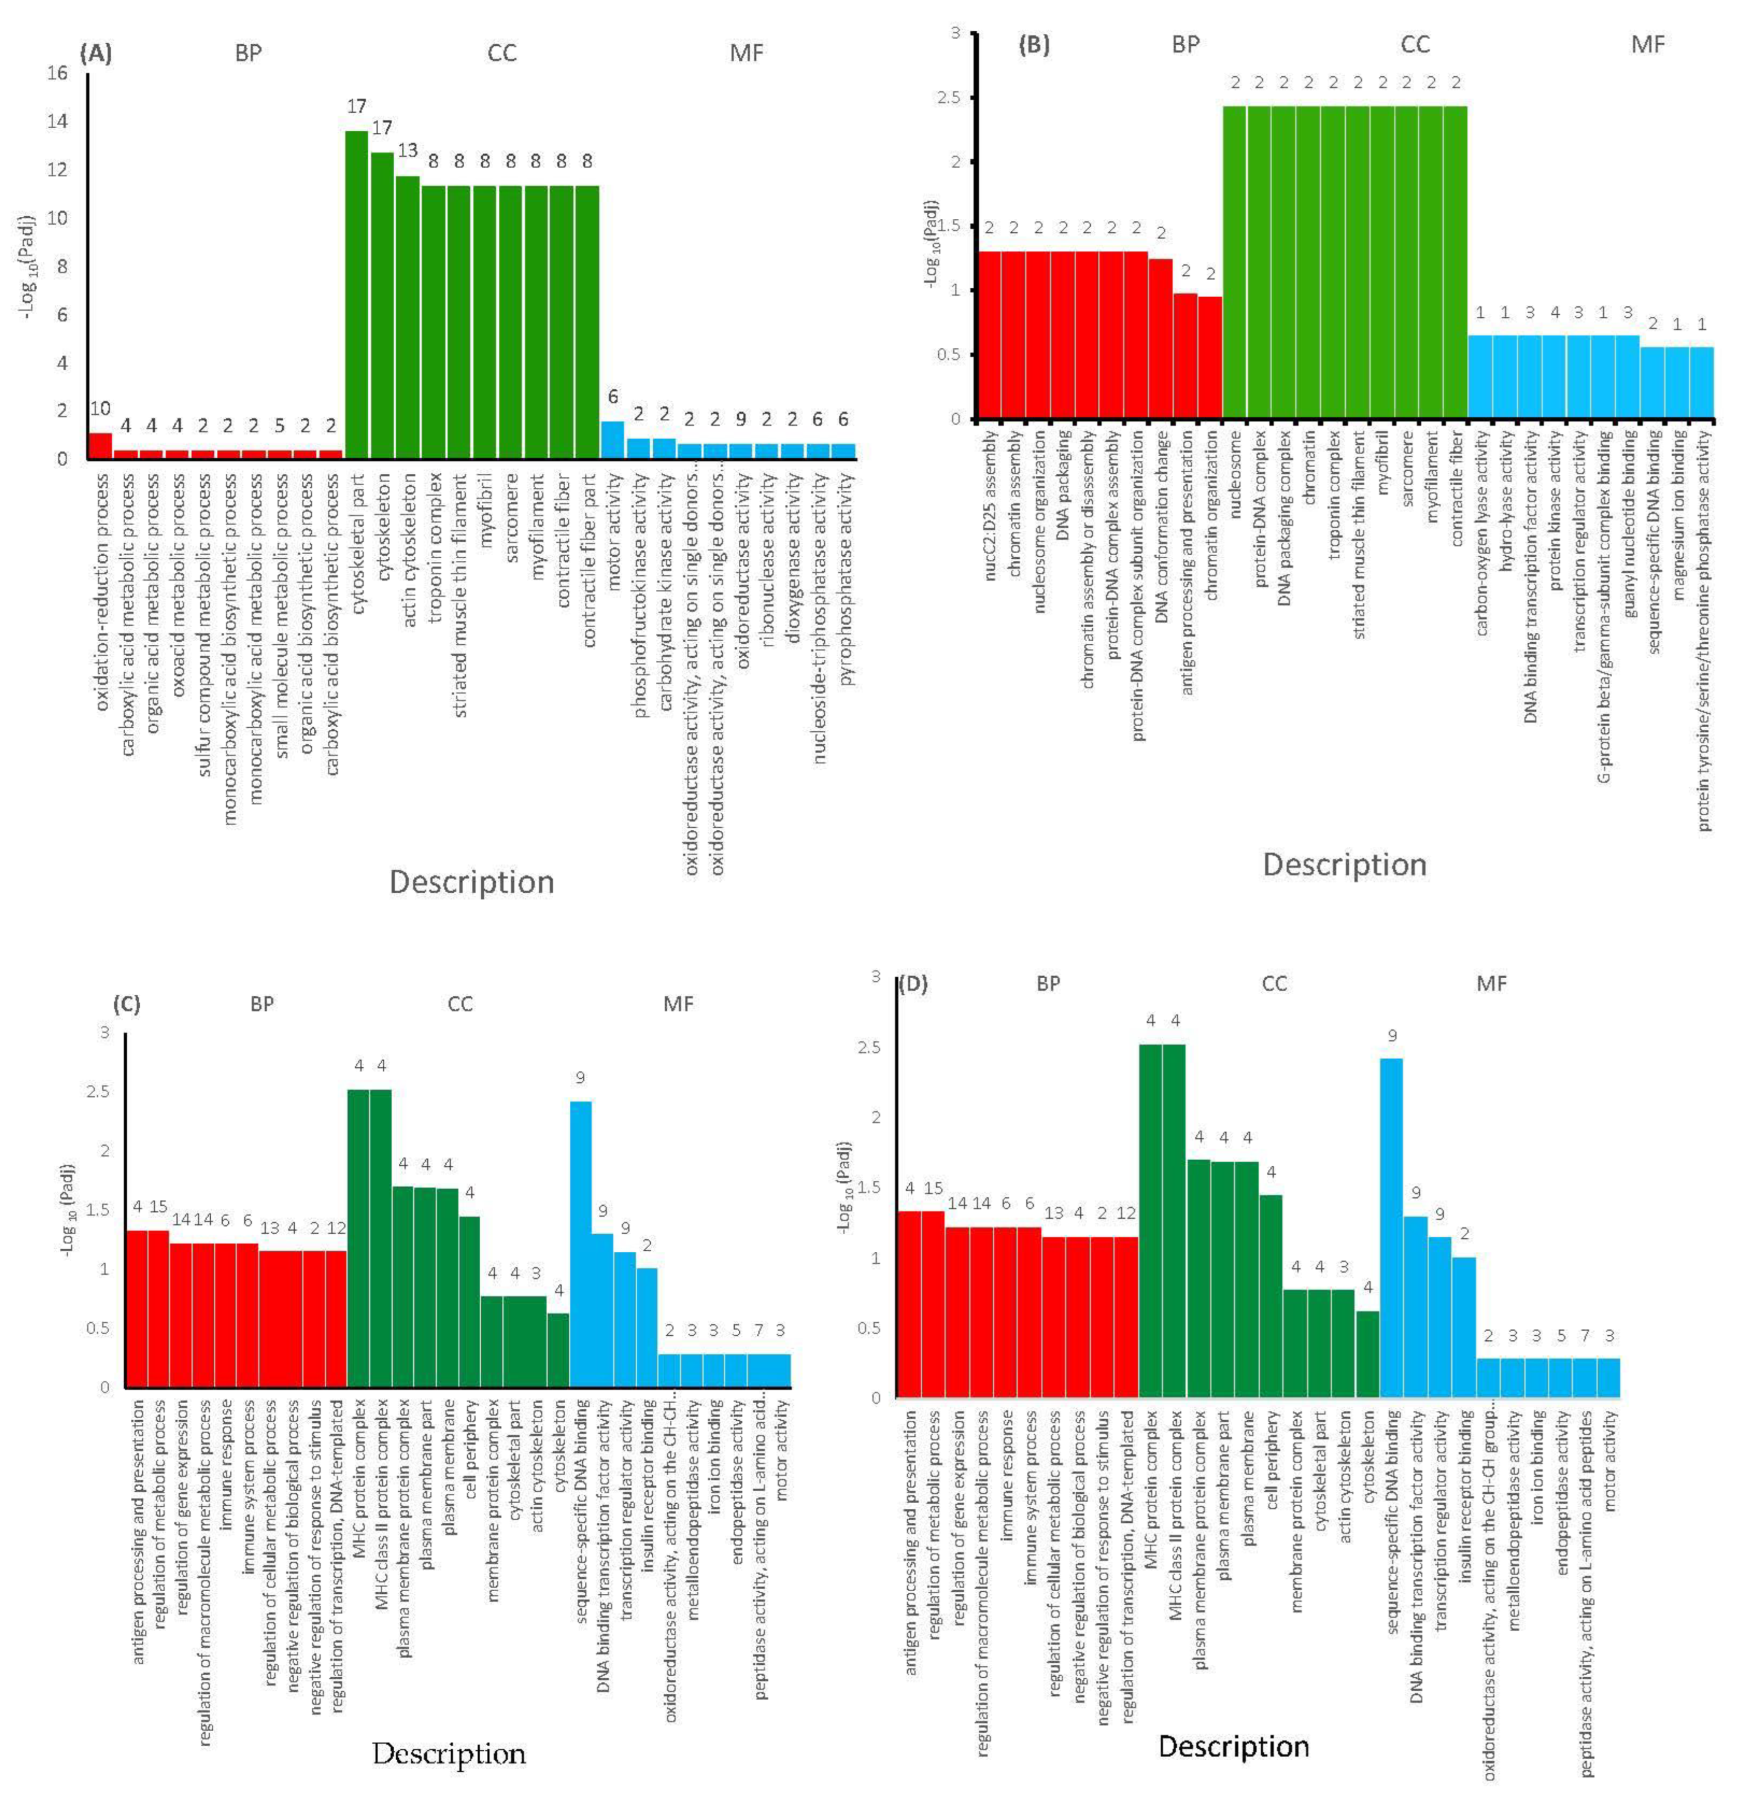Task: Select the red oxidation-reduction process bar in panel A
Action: point(100,446)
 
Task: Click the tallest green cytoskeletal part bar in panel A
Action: point(356,295)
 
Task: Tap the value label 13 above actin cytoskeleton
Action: point(407,150)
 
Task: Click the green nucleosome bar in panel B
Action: point(1234,263)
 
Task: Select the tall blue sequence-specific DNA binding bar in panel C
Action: point(581,1243)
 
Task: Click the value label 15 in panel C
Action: point(158,1207)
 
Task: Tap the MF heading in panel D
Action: point(1492,984)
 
